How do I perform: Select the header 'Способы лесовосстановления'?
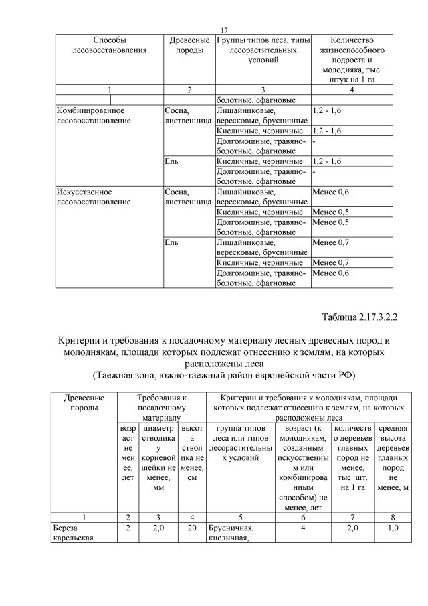[109, 45]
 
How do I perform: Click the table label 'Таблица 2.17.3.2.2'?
[359, 316]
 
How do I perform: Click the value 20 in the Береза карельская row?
[193, 527]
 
